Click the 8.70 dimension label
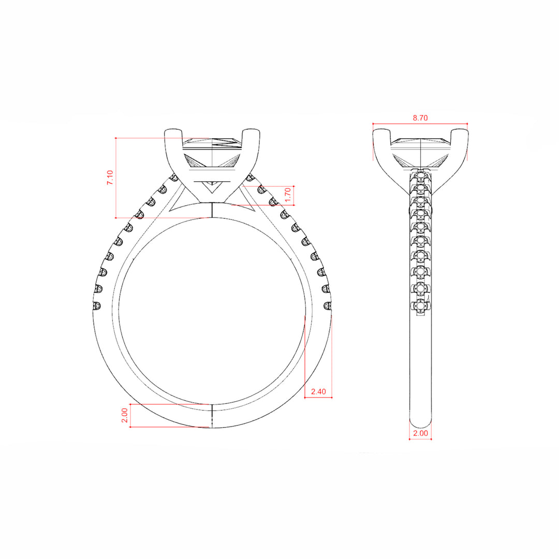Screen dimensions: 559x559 tap(420, 117)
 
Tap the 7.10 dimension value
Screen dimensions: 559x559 tap(110, 178)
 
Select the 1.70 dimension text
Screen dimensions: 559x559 tap(288, 195)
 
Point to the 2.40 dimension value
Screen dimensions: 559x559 tap(318, 391)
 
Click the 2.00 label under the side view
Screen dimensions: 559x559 tap(420, 433)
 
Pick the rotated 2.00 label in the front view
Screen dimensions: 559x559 tap(124, 415)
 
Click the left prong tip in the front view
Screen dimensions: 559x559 tap(173, 130)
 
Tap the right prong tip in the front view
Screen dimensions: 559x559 tap(252, 130)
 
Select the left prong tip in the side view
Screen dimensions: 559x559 tap(381, 130)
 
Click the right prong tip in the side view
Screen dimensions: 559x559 tap(460, 130)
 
